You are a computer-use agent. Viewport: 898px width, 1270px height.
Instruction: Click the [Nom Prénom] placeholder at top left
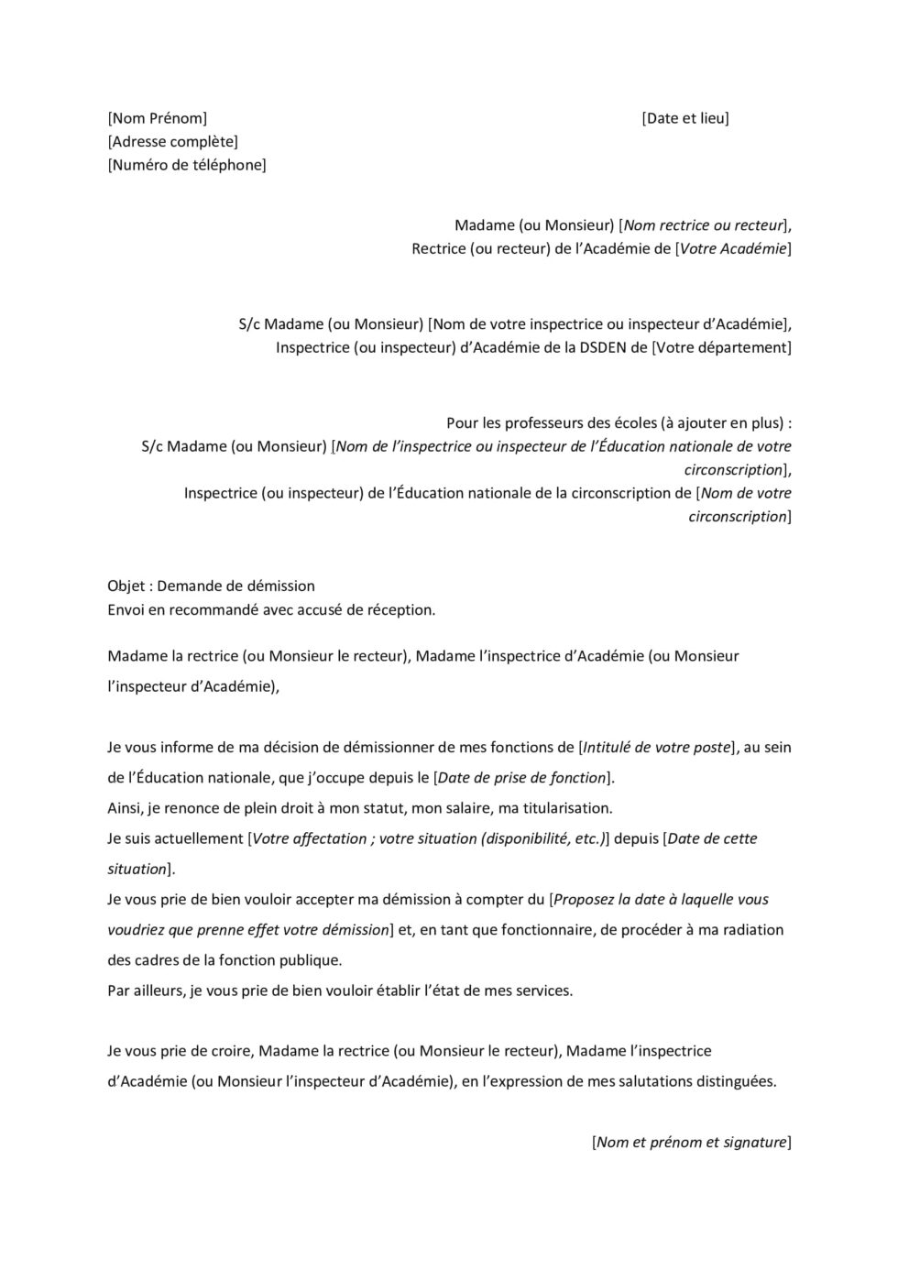pos(158,118)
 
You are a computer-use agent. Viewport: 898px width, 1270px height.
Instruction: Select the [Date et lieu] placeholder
pos(685,118)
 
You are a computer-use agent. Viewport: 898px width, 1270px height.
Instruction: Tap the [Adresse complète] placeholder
pos(172,141)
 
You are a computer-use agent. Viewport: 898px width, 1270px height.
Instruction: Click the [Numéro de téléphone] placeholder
pos(187,165)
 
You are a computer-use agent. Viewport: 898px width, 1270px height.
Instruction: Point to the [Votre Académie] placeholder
pos(733,248)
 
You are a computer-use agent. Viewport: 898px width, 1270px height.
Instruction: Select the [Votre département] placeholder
pos(721,347)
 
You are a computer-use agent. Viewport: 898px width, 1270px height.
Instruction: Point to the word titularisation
pos(558,807)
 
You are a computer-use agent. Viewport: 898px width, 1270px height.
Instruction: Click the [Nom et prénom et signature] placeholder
pos(692,1142)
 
